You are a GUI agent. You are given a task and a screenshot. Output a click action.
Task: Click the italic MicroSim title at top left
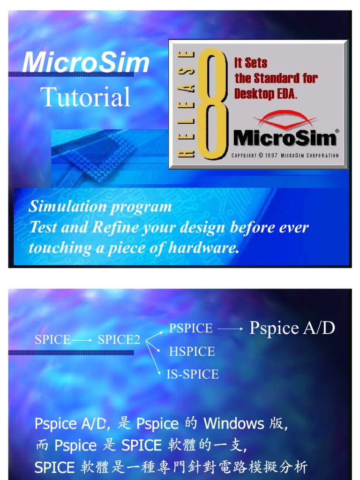[x=86, y=63]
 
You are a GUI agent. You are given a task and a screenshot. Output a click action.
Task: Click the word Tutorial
[x=86, y=97]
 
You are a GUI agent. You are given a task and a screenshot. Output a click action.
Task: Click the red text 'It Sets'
[x=251, y=63]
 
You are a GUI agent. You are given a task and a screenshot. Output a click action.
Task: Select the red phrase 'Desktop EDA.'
[x=266, y=93]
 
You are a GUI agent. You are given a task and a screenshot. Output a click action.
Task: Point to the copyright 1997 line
[x=285, y=156]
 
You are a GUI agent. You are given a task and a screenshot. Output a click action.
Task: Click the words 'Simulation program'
[x=100, y=206]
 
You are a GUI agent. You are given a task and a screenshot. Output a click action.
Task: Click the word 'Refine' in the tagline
[x=114, y=227]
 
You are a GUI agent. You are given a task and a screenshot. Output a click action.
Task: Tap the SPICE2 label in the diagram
[x=119, y=340]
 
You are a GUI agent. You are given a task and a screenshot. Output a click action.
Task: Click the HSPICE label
[x=192, y=352]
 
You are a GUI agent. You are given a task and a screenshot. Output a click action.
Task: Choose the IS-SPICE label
[x=193, y=374]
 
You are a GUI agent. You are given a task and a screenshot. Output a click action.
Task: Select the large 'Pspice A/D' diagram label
[x=292, y=328]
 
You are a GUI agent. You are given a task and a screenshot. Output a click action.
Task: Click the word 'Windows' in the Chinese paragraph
[x=233, y=424]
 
